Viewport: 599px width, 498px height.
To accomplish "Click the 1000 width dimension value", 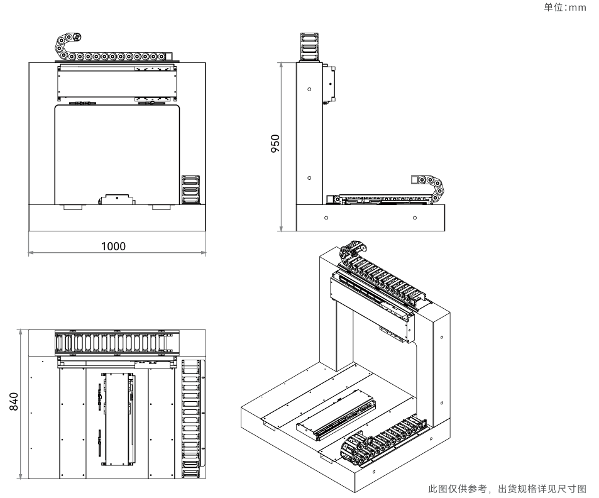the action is (113, 246).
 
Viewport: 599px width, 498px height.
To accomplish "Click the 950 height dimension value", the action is (275, 143).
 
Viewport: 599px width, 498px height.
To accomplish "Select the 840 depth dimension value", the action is (13, 401).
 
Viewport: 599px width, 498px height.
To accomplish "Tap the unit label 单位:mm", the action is (565, 8).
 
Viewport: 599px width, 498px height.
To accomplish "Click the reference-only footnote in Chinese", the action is (507, 489).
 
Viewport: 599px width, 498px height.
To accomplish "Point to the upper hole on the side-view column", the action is (309, 89).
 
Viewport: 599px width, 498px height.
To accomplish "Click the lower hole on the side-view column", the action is (309, 178).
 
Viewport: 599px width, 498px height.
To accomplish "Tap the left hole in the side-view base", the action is (326, 218).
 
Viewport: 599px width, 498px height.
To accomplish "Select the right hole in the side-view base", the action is (415, 218).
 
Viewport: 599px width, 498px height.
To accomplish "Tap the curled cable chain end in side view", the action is (436, 187).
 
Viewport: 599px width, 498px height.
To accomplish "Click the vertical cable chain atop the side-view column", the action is (309, 47).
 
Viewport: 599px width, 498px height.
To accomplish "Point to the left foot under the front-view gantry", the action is (72, 207).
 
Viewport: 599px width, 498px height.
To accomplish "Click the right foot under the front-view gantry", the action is (161, 207).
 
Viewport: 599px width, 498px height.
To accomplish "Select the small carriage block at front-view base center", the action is (116, 199).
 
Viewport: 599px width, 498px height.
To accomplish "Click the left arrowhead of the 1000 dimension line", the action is (31, 253).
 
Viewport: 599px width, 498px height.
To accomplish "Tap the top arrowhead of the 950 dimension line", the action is (281, 65).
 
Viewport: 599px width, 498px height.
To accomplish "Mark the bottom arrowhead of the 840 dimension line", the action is (20, 475).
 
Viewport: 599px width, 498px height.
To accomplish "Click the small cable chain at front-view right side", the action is (190, 189).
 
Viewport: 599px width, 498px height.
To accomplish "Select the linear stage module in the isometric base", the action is (336, 416).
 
